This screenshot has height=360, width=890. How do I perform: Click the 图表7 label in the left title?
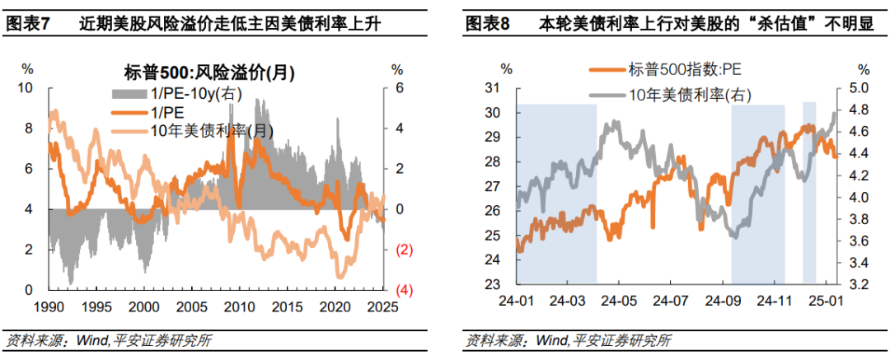click(28, 23)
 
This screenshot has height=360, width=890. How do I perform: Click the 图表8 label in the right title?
click(488, 23)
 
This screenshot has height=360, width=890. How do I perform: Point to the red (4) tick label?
click(405, 290)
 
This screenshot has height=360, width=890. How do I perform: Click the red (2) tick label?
click(405, 250)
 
